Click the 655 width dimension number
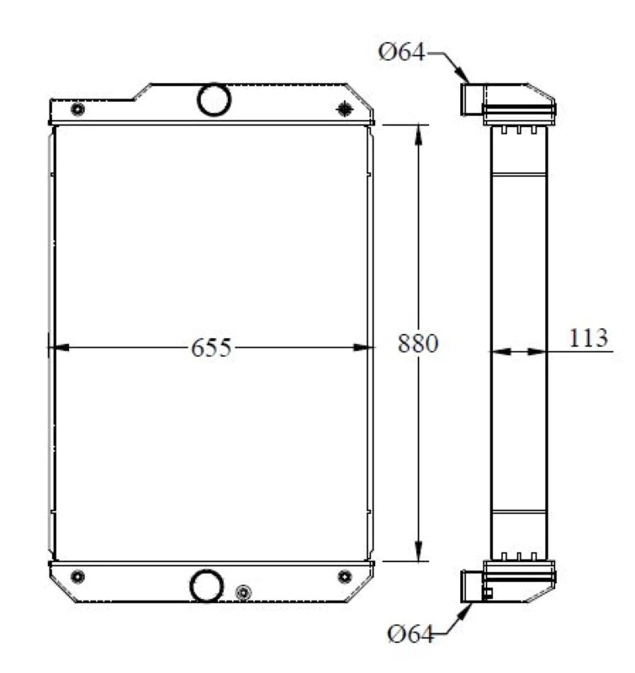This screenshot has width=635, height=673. [211, 347]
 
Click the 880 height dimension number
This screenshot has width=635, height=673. [418, 343]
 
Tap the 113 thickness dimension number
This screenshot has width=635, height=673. [588, 338]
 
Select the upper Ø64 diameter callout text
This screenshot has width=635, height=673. [401, 52]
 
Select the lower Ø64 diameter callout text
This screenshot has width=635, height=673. [410, 634]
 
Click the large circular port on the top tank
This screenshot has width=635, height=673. [214, 99]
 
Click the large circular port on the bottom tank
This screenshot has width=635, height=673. [206, 586]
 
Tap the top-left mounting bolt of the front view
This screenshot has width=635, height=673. [77, 109]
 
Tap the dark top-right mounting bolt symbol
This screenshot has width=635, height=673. [345, 109]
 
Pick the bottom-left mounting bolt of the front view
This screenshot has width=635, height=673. [77, 576]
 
